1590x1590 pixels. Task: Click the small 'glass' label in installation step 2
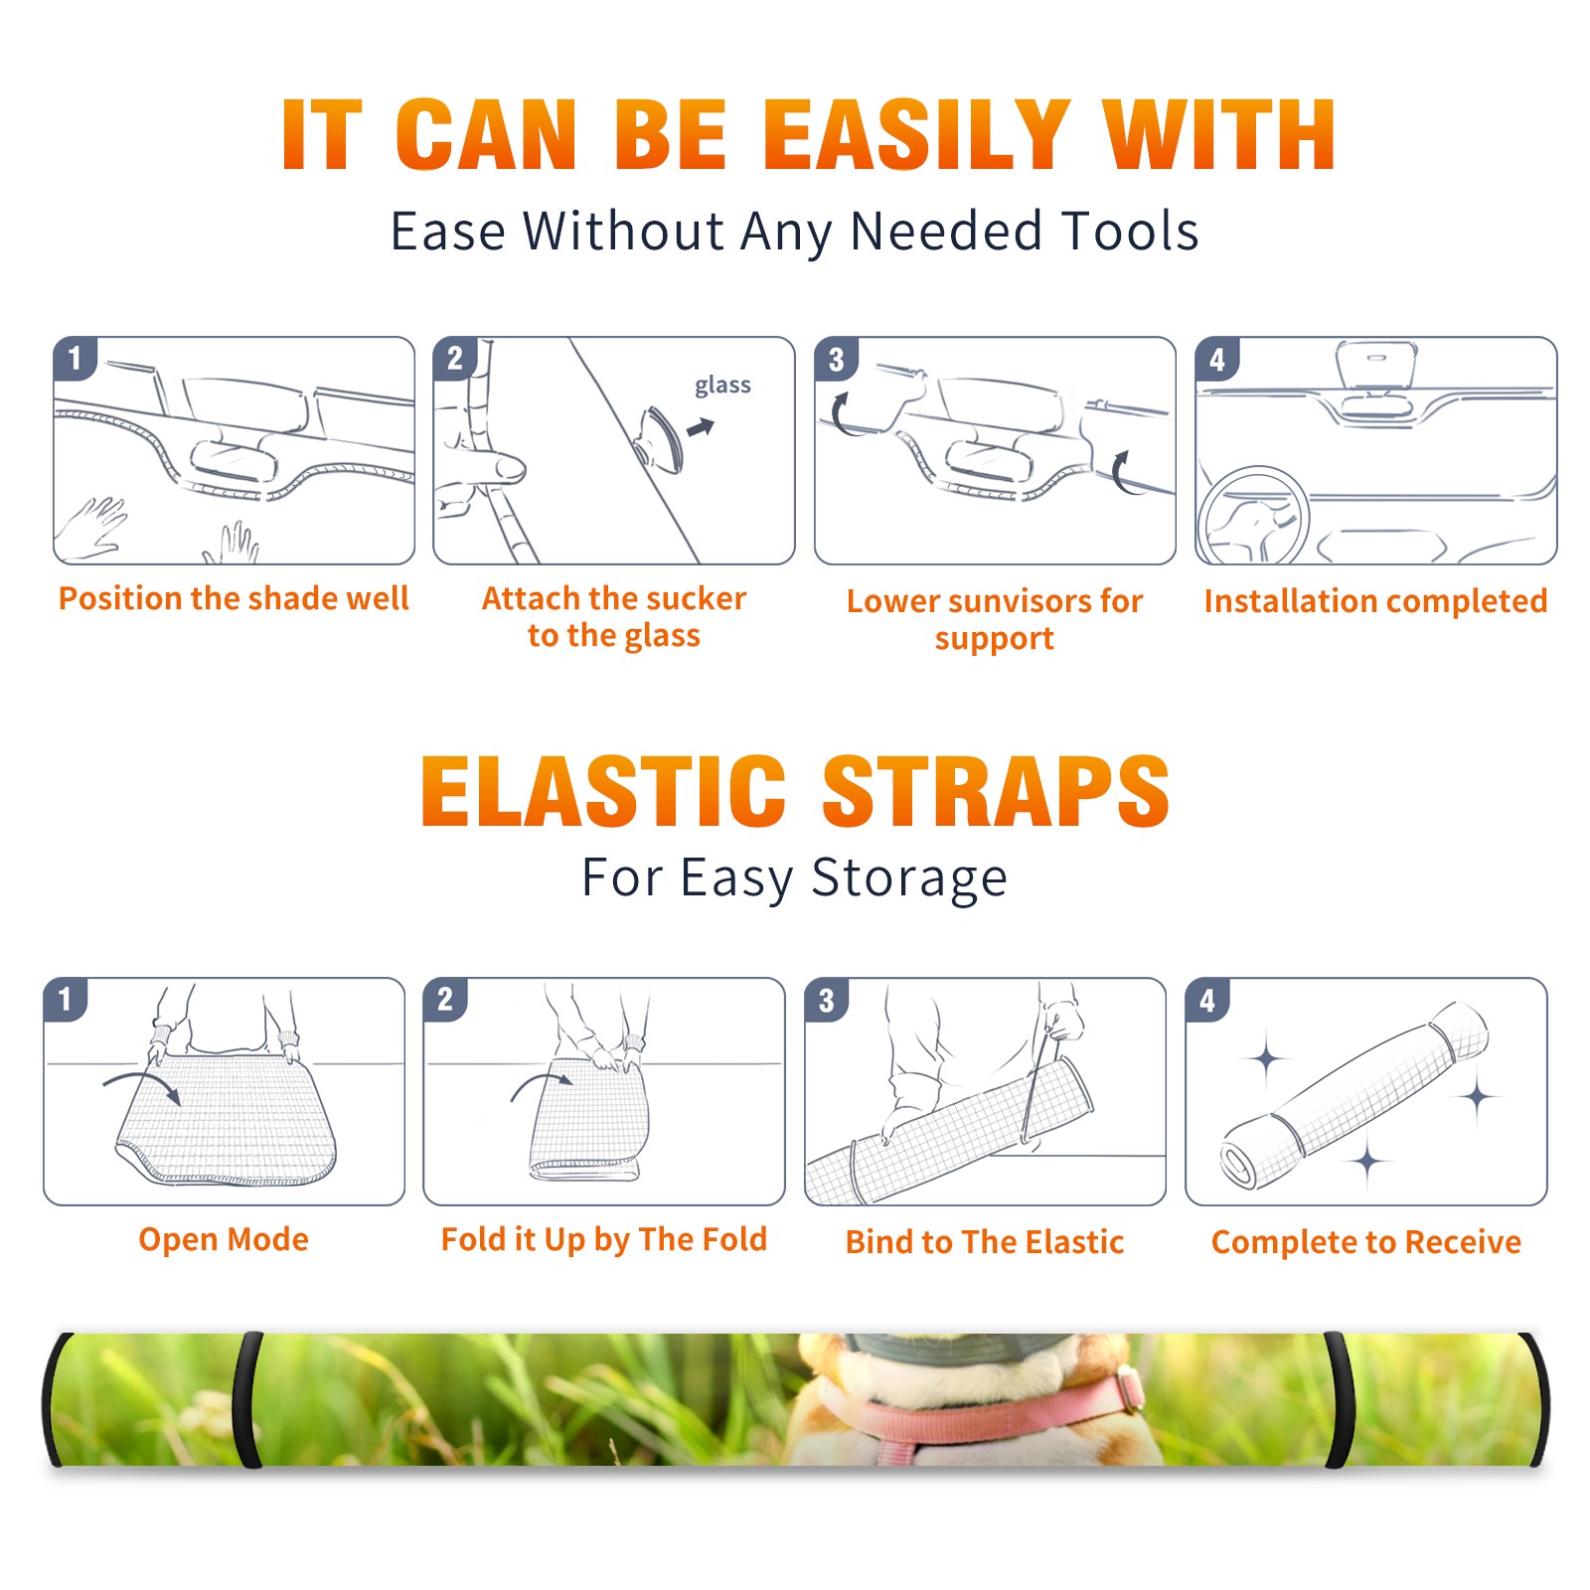point(722,386)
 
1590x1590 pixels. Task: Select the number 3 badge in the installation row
point(836,359)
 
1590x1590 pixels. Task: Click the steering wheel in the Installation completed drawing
point(1252,515)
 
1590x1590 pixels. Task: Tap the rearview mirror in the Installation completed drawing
point(1375,366)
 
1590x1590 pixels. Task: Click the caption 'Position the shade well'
point(234,598)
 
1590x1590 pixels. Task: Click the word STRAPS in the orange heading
point(997,791)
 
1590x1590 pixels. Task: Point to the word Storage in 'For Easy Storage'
point(909,878)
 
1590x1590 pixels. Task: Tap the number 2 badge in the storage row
point(445,999)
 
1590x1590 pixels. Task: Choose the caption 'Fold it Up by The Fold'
point(604,1239)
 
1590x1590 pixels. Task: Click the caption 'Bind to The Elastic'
point(985,1242)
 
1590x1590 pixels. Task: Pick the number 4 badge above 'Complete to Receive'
point(1207,999)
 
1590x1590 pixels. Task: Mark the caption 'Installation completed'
point(1375,601)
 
